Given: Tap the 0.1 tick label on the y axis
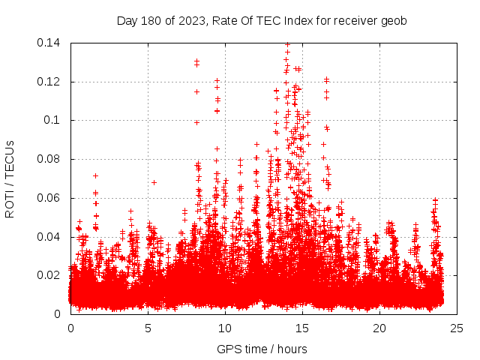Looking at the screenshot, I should (x=52, y=120).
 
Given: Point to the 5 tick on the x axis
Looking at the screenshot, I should (x=148, y=328).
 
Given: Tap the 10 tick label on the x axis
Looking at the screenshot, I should (x=225, y=328).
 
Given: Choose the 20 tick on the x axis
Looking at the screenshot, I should (x=379, y=328).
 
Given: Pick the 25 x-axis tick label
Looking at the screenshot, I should (x=457, y=328).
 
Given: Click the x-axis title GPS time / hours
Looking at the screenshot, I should (x=262, y=349).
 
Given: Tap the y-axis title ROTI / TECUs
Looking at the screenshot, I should (x=10, y=179).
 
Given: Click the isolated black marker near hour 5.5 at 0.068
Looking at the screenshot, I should (x=154, y=182).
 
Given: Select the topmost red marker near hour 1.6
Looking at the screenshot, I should (x=95, y=175).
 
